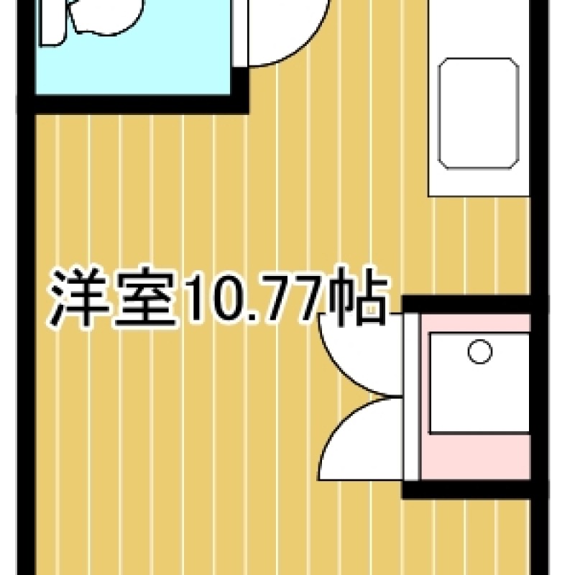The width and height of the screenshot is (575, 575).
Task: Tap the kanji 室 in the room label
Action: click(x=146, y=298)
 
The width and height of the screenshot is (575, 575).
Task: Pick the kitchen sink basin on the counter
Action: click(x=479, y=114)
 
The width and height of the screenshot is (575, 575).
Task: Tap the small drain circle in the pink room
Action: click(x=480, y=351)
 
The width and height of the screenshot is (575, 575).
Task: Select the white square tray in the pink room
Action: click(x=479, y=383)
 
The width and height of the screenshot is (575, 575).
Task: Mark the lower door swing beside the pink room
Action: click(x=362, y=438)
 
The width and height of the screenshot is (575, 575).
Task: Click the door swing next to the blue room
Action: click(x=289, y=33)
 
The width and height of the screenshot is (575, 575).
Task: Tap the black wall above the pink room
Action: click(x=466, y=304)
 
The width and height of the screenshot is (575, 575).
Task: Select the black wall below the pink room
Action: click(x=466, y=489)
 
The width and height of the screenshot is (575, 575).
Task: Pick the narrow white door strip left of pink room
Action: click(x=411, y=397)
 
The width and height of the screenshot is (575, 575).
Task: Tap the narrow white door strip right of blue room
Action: click(x=240, y=33)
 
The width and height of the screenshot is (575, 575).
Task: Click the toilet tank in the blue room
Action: click(x=53, y=23)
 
